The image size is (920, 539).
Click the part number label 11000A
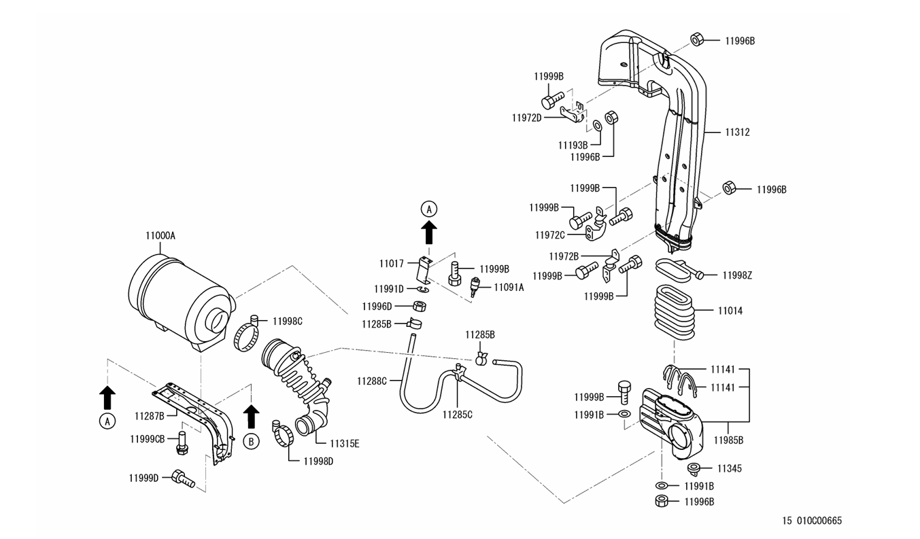[160, 236]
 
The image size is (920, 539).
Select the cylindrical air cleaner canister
[178, 299]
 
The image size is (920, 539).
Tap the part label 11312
[737, 133]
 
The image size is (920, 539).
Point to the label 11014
[730, 311]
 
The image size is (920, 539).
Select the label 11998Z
[737, 275]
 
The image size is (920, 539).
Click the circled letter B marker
[251, 441]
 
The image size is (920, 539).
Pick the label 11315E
[345, 444]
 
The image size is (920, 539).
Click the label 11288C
[371, 381]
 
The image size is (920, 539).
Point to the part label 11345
[730, 468]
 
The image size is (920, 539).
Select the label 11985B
[728, 440]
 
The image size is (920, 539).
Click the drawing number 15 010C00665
[812, 521]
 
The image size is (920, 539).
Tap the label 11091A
[509, 288]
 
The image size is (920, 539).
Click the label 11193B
[573, 145]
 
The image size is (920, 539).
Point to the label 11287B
[149, 415]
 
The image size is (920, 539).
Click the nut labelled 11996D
[420, 307]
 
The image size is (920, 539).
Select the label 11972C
[549, 235]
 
